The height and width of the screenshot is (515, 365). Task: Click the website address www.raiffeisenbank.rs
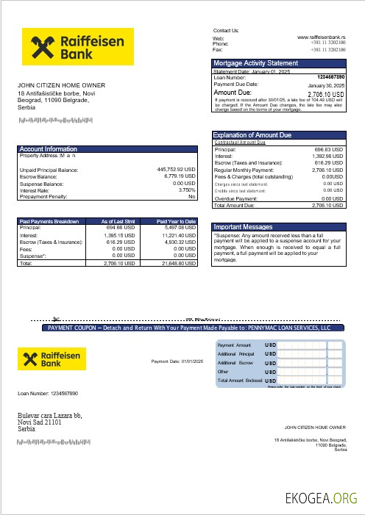pyautogui.click(x=322, y=37)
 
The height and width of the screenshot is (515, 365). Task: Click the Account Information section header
pyautogui.click(x=48, y=149)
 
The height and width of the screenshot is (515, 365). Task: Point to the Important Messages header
pyautogui.click(x=243, y=227)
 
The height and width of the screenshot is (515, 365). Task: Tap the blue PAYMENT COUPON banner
pyautogui.click(x=185, y=328)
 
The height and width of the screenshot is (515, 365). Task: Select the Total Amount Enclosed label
pyautogui.click(x=240, y=381)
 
